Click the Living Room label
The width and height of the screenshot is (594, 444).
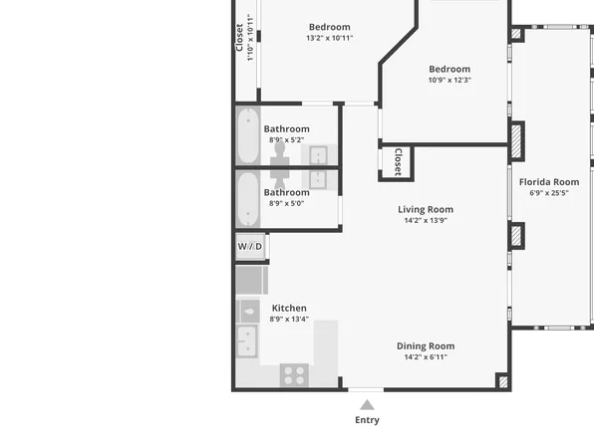426,209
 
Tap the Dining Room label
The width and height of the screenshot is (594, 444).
426,345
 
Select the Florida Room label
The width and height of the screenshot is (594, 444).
549,182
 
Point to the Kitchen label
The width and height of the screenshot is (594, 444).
289,308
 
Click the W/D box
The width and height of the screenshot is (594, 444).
250,246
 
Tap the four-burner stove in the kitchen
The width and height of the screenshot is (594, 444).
294,374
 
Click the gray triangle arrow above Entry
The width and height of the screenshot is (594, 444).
367,404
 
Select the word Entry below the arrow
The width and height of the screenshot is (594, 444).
367,420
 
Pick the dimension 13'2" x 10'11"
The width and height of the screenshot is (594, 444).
329,38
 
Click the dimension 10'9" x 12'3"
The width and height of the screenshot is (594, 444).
449,80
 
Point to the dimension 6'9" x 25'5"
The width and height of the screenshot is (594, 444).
549,193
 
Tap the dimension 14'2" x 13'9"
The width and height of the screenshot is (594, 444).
426,220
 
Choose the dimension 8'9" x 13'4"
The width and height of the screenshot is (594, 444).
289,319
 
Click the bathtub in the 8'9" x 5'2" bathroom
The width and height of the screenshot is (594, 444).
248,135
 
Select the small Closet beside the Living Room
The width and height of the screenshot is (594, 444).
396,162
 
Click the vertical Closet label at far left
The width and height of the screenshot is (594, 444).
239,37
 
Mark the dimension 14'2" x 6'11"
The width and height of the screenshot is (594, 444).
426,356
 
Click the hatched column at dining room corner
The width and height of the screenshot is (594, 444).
501,380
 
